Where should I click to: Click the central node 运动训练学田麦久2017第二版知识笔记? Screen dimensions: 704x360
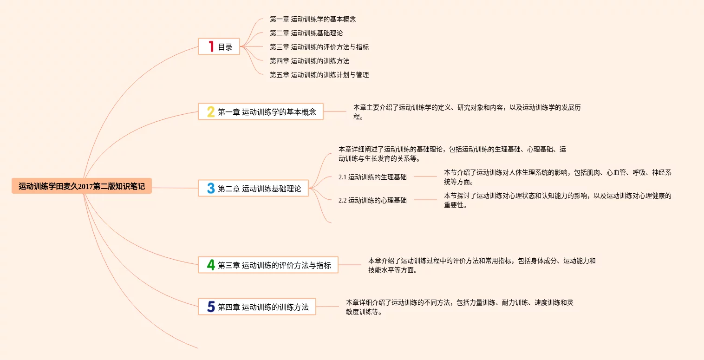(82, 186)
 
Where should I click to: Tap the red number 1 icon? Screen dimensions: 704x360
(211, 46)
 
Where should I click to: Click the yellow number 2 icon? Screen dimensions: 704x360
(211, 111)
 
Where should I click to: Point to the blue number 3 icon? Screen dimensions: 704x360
(211, 188)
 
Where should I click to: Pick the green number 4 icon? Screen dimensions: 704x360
(211, 265)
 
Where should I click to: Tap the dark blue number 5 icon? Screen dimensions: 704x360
(211, 307)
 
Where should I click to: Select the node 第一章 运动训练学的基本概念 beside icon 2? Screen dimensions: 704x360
(267, 111)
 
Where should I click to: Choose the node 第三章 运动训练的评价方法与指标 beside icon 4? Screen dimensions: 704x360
(274, 265)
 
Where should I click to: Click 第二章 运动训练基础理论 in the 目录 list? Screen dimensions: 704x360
(306, 33)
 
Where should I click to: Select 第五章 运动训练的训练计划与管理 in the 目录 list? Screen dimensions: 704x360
(319, 75)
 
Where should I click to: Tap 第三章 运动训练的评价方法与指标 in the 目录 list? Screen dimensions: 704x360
(319, 47)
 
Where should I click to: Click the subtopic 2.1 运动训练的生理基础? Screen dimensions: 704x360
(372, 177)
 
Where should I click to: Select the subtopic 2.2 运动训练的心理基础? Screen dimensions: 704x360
(372, 200)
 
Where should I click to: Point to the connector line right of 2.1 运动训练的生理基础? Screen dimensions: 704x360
(425, 177)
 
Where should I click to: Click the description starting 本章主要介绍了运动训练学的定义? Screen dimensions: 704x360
(467, 112)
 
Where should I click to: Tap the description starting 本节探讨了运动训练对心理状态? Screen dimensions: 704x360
(557, 200)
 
